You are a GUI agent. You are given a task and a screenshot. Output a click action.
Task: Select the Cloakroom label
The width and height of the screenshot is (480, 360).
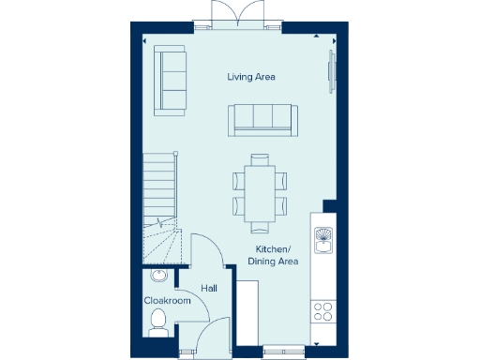point(167,301)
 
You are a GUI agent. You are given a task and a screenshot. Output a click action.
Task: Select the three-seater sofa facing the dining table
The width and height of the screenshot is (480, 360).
point(263,119)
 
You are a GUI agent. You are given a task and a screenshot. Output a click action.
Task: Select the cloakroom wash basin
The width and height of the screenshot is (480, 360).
point(157,277)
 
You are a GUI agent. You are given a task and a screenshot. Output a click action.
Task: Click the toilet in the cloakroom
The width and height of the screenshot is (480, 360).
point(158,322)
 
